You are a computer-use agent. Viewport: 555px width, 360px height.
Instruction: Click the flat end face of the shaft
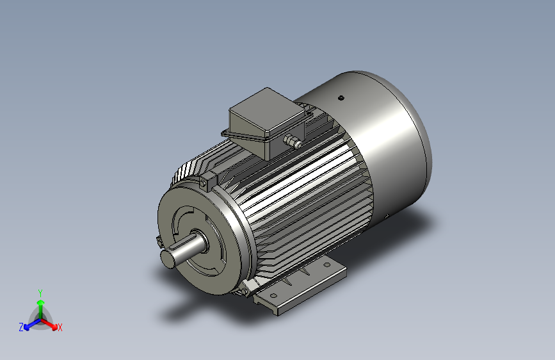point(168,259)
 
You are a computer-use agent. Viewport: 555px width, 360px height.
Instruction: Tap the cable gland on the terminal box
point(293,142)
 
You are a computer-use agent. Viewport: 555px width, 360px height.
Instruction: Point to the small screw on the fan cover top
point(341,98)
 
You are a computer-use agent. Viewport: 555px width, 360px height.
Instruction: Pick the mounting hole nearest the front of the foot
point(273,295)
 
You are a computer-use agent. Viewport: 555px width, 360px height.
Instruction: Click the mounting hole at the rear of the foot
point(326,265)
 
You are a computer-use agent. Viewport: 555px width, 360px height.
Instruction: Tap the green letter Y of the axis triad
point(40,293)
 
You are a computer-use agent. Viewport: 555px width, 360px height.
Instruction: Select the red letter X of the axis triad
point(60,327)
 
